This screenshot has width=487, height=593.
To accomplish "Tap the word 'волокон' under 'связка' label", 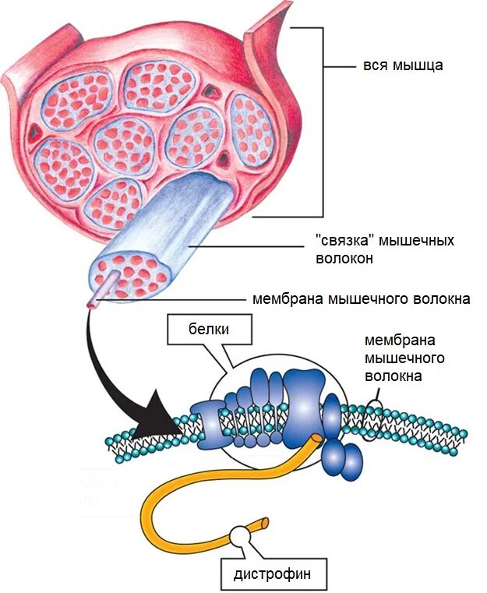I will [344, 258].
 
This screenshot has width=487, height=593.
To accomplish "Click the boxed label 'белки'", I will [209, 329].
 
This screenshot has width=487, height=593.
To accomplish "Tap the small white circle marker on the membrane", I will [375, 408].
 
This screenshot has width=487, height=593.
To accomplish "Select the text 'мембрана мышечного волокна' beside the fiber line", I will [361, 298].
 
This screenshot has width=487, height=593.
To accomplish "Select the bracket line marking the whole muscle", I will [322, 125].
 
